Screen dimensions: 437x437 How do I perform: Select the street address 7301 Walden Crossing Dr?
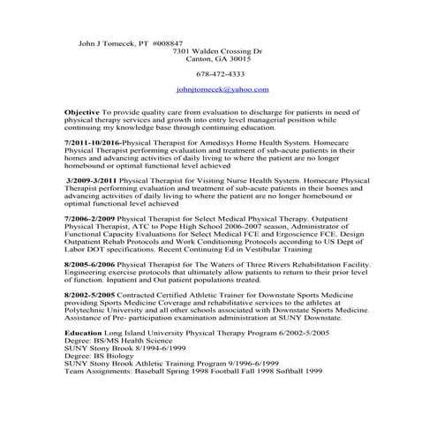click(x=218, y=51)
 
